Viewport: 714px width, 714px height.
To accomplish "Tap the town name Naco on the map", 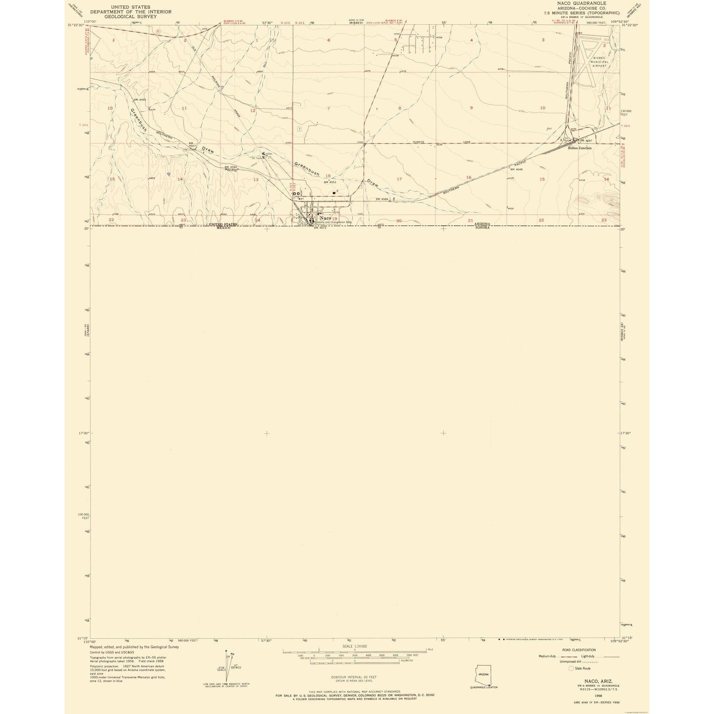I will (325, 218).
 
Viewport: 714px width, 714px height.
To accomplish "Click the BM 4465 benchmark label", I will (140, 100).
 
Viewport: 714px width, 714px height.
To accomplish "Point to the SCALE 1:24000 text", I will (355, 646).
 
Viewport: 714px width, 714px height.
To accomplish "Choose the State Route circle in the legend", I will (571, 668).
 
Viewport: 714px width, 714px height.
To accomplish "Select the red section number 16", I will (468, 177).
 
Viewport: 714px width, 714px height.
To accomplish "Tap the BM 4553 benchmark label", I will (330, 182).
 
